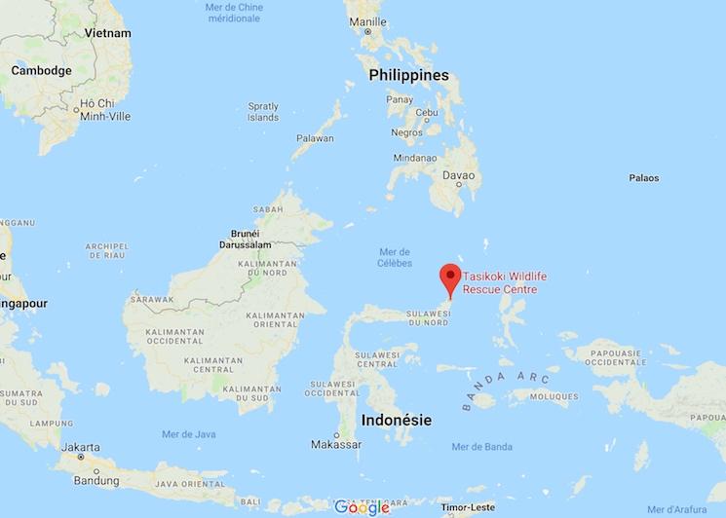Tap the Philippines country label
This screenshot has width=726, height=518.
[408, 75]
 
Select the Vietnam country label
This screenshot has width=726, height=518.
[108, 32]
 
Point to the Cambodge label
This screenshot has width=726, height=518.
[41, 71]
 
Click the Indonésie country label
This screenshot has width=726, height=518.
[397, 421]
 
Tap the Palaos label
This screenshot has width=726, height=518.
[643, 178]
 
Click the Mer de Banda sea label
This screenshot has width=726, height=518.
[481, 447]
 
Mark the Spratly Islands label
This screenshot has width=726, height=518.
[263, 111]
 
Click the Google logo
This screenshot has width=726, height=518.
[362, 506]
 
